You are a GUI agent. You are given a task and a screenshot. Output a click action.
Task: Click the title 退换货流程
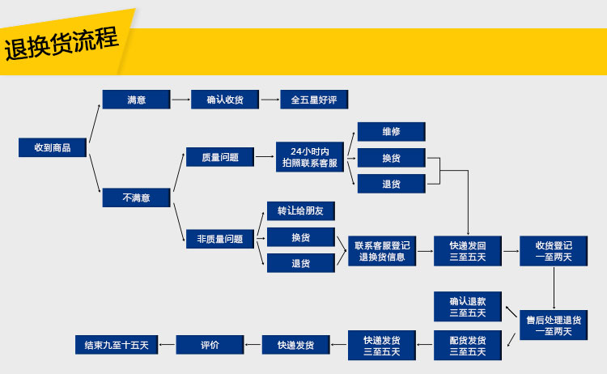coord(62,44)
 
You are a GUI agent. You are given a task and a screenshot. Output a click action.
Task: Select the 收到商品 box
coord(53,147)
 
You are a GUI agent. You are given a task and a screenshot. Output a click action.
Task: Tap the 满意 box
coord(136,100)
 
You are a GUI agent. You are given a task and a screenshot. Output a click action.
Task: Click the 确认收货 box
coord(225,100)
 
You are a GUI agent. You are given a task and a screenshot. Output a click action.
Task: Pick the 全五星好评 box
coord(313,100)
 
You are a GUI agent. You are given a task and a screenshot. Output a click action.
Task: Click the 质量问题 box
coord(219,157)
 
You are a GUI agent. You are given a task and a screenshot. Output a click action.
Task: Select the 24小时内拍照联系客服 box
coord(310,157)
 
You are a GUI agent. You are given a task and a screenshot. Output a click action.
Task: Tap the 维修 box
coord(391,131)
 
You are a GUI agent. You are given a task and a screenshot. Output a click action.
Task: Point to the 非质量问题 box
coord(219,239)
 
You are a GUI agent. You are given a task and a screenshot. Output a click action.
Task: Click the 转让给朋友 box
coord(300,210)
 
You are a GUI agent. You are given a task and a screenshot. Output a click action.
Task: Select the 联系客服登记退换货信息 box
coord(382,251)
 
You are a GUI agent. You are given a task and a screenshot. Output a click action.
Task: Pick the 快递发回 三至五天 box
coord(468,251)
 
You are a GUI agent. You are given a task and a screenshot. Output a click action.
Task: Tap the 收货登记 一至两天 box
coord(554,251)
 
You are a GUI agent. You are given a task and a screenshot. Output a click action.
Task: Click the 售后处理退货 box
coord(554,325)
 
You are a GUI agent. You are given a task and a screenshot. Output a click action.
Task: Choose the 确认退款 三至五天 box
coord(468,306)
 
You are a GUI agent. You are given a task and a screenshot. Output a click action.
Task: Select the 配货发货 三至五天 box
coord(468,345)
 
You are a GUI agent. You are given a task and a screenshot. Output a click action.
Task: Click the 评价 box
coord(210,345)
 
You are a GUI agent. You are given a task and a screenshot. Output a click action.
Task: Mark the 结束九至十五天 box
coord(117,345)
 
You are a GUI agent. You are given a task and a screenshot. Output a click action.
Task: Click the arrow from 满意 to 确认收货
coord(180,100)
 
